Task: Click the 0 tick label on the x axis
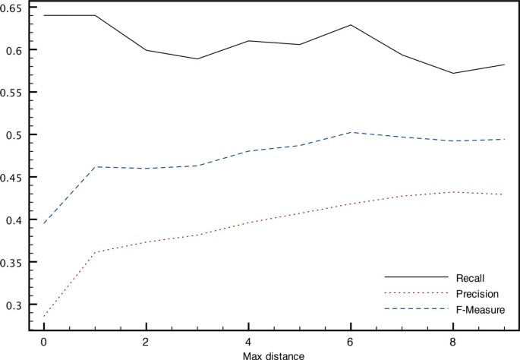(43, 341)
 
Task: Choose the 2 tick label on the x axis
(145, 341)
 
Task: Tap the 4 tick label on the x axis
(247, 341)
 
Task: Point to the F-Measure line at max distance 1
(94, 167)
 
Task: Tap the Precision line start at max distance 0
(43, 316)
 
